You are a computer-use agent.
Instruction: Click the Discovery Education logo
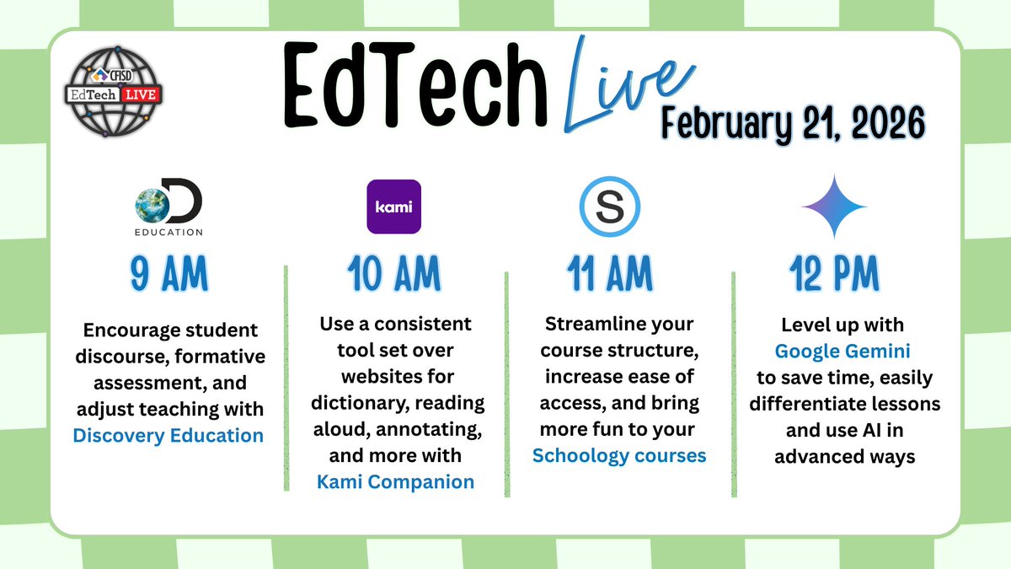(168, 208)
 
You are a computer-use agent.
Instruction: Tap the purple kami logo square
(393, 207)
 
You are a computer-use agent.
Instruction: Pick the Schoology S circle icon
(610, 207)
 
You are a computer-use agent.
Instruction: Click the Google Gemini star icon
(833, 207)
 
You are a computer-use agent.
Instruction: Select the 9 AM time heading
(168, 274)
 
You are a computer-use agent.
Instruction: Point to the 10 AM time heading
(393, 274)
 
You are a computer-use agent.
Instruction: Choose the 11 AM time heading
(610, 274)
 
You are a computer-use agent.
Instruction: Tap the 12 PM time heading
(833, 274)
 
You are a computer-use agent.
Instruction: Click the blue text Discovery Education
(168, 436)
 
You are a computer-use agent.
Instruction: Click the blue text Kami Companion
(395, 482)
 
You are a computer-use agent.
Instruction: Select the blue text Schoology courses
(619, 456)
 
